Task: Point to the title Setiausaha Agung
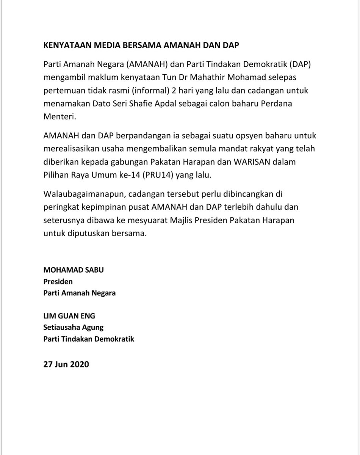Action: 74,327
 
